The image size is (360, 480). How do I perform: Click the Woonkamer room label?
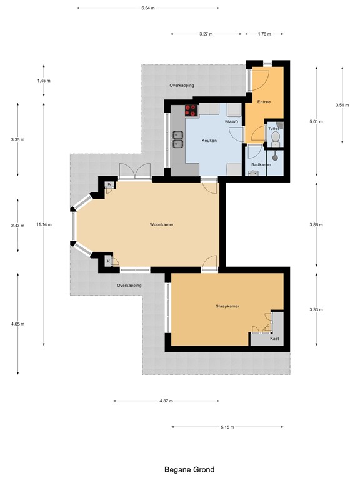point(162,224)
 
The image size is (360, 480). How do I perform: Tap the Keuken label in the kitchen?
point(209,141)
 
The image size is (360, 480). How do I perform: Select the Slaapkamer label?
point(227,306)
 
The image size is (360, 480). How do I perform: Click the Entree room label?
point(264,102)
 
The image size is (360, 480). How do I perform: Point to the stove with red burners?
point(192,110)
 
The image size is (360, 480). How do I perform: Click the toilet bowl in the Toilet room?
point(276,137)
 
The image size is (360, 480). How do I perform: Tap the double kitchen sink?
point(178,139)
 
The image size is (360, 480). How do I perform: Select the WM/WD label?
point(231,122)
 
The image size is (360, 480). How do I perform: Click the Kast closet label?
point(274,339)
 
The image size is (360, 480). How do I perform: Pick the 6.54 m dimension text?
point(148,8)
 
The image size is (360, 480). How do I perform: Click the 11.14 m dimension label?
point(44,224)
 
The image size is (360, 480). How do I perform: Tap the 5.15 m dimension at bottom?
point(227,427)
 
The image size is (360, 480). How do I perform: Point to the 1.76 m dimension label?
point(264,34)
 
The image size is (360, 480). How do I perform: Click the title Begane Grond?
point(189,469)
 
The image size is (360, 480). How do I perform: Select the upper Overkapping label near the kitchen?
point(182,86)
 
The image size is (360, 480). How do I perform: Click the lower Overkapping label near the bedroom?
point(129,285)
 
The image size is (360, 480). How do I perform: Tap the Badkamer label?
point(261,164)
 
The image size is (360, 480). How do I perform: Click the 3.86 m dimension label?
point(316,225)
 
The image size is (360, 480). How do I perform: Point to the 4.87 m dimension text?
point(166,401)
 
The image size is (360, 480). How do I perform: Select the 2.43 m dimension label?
point(17,226)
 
